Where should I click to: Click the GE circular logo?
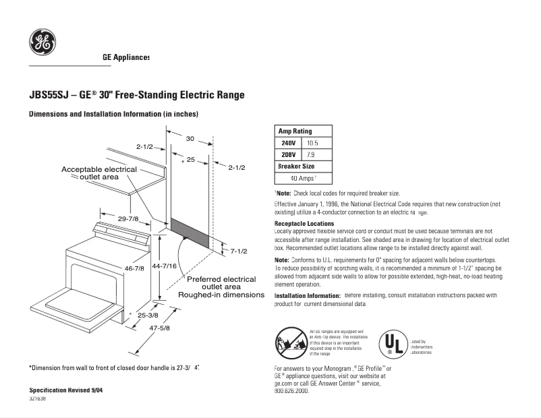42,42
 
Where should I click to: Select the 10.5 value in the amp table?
312,143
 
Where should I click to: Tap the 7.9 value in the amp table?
310,154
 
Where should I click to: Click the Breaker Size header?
295,167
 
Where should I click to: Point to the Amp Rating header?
295,131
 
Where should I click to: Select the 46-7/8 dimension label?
134,268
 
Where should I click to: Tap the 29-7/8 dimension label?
128,218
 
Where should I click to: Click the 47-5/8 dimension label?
159,328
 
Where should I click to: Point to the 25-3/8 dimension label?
148,315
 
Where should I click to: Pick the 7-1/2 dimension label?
239,251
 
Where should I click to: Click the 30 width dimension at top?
190,138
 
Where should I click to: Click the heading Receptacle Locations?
304,224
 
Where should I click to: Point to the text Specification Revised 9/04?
66,391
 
